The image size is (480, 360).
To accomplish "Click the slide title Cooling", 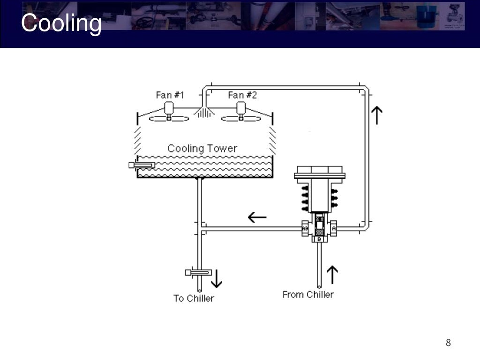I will (x=61, y=23).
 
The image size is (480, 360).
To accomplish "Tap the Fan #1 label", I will (x=170, y=95).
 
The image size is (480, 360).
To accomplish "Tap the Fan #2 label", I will (x=242, y=95).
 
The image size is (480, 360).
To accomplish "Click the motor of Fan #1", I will (x=169, y=109).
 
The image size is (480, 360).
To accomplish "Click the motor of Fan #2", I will (x=241, y=109).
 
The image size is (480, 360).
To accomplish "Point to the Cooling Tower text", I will (x=202, y=149).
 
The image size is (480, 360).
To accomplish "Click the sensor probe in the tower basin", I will (x=142, y=165).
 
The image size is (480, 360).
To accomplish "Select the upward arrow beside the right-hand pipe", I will (x=377, y=115).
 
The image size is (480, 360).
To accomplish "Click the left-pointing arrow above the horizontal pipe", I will (x=257, y=217).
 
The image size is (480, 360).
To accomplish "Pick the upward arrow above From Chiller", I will (x=332, y=275).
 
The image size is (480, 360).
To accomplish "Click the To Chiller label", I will (x=194, y=298).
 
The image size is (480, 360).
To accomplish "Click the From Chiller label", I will (x=308, y=294).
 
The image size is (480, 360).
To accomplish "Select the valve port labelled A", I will (x=333, y=228).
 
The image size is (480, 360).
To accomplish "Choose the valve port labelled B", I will (x=319, y=239).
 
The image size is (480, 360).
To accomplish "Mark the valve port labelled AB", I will (x=305, y=228).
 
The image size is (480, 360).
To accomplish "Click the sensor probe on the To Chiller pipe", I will (x=198, y=272).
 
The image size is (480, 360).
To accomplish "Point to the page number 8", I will (x=448, y=343).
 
